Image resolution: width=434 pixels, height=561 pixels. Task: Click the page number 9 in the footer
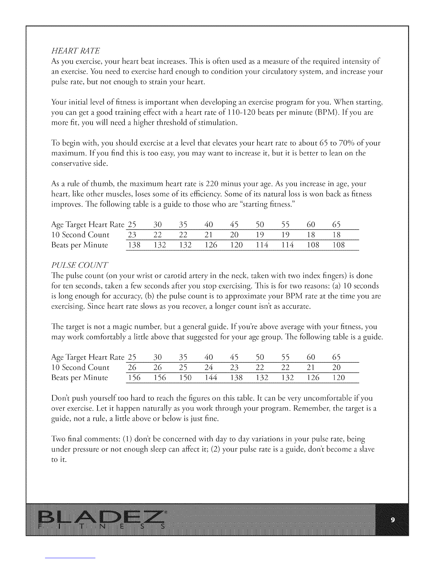coord(393,520)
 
